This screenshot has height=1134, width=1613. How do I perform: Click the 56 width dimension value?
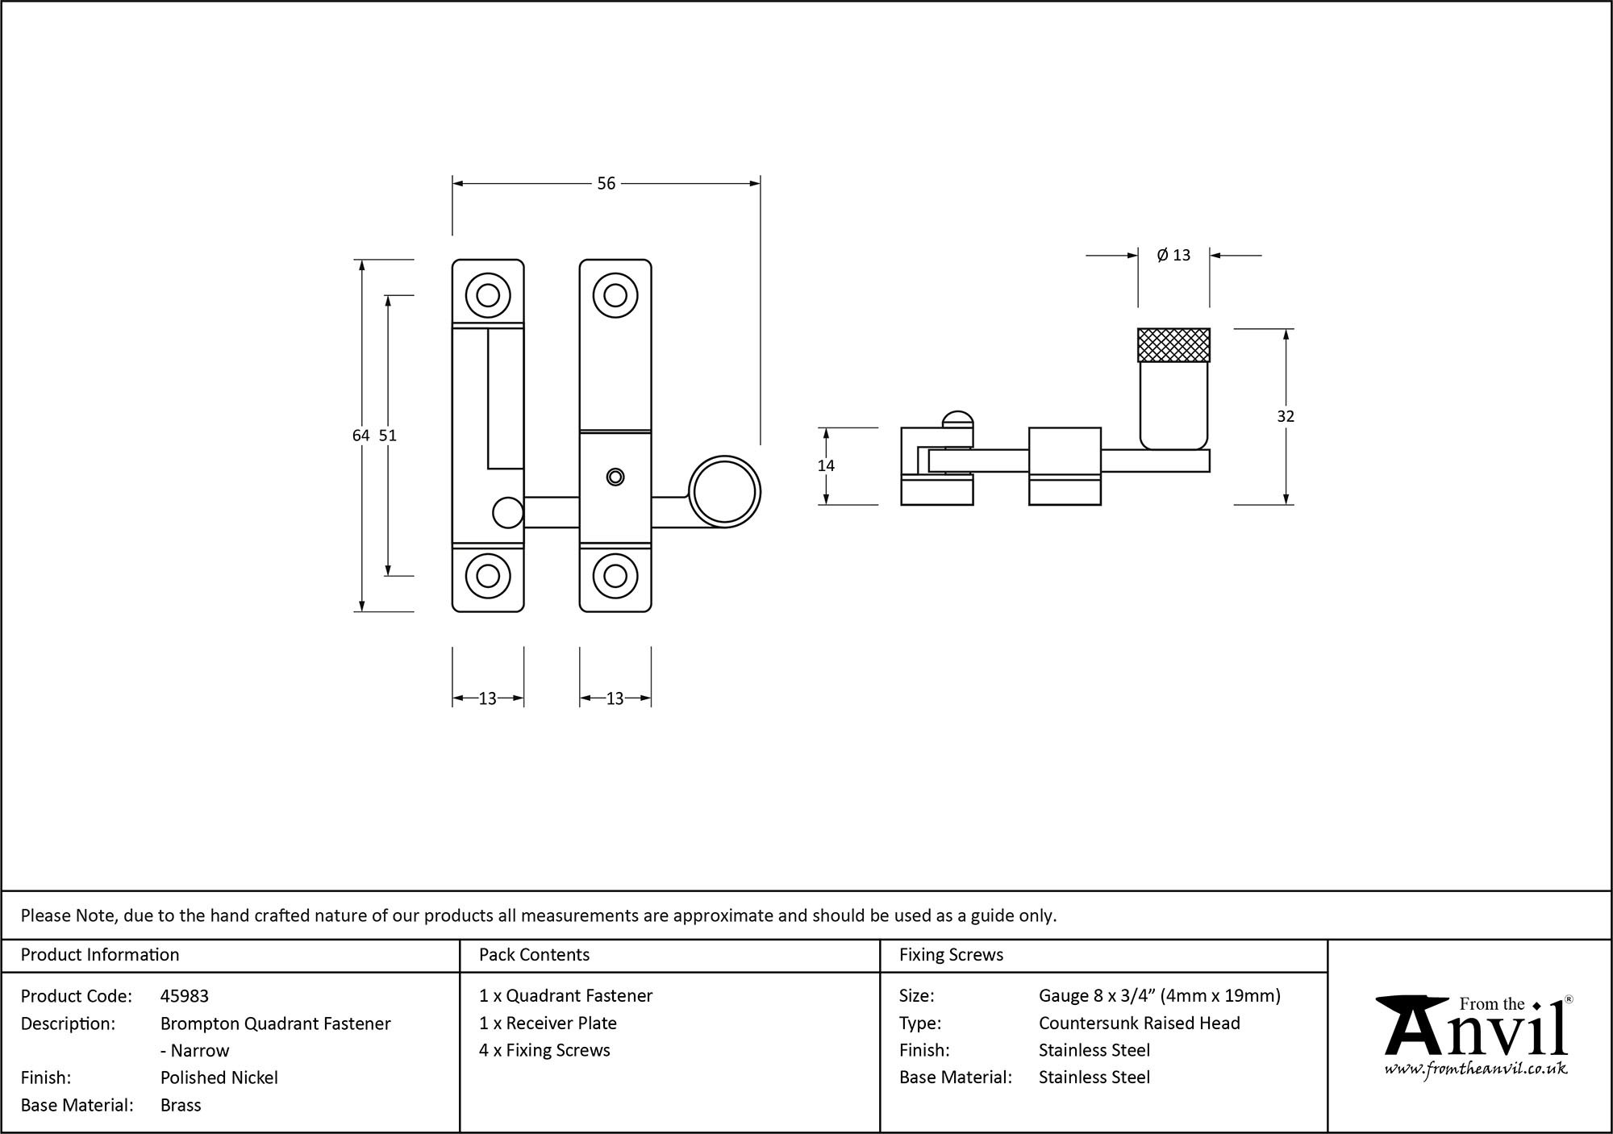tap(606, 184)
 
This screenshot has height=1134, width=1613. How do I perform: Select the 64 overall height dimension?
tap(361, 436)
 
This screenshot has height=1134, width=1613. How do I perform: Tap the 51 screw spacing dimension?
tap(388, 436)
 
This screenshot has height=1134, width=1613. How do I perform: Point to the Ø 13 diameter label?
tap(1173, 255)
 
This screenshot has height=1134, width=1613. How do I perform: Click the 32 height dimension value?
tap(1286, 416)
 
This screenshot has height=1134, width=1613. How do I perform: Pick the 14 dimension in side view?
tap(826, 465)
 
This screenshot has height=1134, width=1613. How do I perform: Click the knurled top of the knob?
tap(1173, 345)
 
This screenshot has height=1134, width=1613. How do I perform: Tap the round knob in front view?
tap(725, 492)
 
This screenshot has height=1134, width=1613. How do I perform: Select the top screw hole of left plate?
tap(488, 295)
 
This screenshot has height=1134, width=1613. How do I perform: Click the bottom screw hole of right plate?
tap(615, 576)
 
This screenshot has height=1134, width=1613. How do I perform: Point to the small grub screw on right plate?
tap(615, 477)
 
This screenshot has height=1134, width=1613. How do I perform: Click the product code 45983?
tap(185, 996)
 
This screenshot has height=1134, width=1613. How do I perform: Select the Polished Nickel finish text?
tap(219, 1078)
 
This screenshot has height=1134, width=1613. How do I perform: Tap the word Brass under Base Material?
tap(181, 1105)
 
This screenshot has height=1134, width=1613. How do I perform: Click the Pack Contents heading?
tap(534, 955)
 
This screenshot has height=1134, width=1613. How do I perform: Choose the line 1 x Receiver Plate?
tap(548, 1023)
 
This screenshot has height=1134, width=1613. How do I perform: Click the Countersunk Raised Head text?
tap(1139, 1023)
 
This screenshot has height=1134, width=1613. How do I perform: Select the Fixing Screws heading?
tap(951, 955)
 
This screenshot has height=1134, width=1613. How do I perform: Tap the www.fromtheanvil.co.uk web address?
tap(1475, 1069)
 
